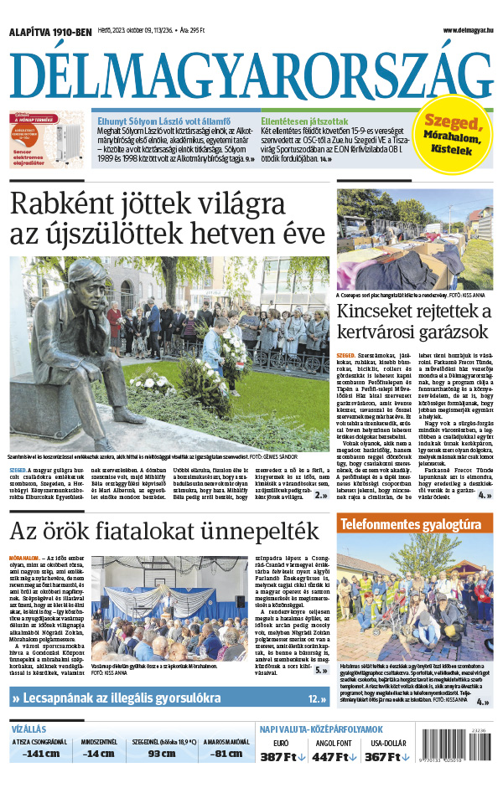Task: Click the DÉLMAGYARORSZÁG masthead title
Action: (251, 75)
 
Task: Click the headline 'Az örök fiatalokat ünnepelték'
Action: (165, 531)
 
